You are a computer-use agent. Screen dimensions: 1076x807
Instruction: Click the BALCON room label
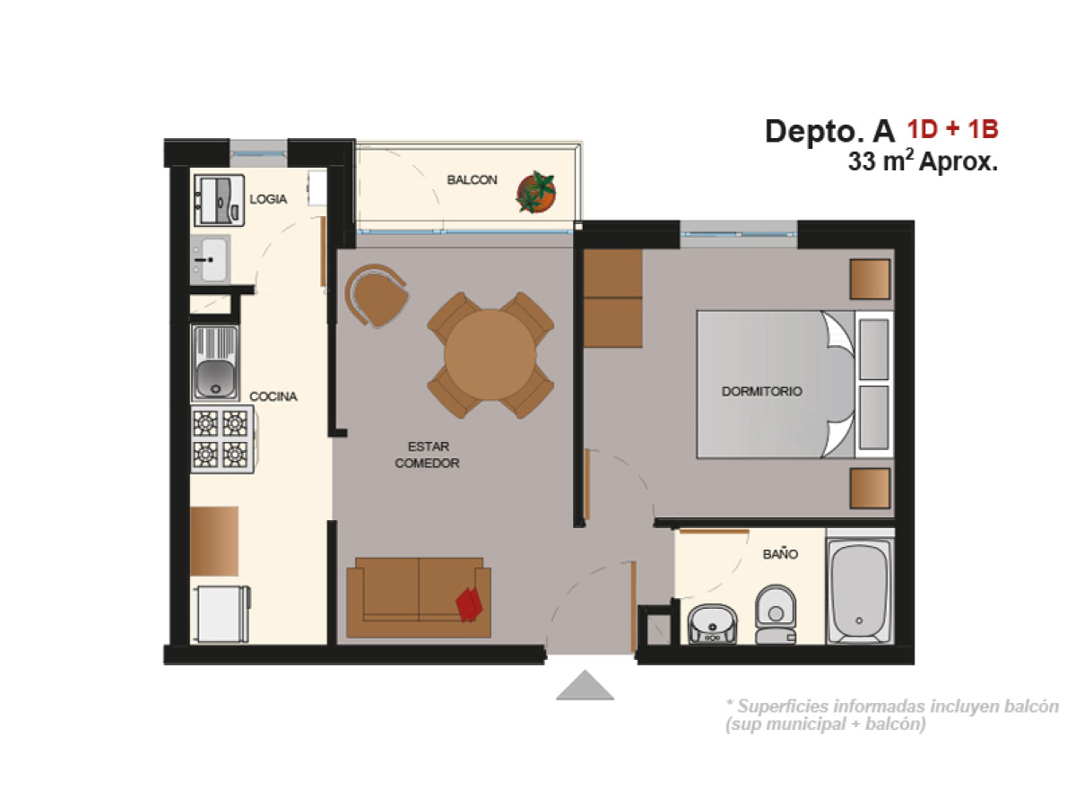click(472, 180)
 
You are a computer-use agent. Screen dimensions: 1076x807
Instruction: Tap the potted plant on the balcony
click(536, 192)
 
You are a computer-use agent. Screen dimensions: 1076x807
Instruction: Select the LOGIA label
click(268, 199)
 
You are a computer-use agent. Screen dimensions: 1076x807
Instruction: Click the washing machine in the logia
click(219, 200)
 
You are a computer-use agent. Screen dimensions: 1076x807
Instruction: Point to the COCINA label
click(273, 396)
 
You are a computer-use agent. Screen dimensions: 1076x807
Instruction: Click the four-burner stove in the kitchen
click(222, 439)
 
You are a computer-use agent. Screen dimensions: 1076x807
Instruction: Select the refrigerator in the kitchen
click(221, 614)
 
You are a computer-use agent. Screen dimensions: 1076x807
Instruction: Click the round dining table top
click(490, 355)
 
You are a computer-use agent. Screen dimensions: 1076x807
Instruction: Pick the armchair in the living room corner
click(377, 296)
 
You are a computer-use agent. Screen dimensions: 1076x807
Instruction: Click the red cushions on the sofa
click(469, 604)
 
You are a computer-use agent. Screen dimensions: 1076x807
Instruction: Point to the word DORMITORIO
click(762, 391)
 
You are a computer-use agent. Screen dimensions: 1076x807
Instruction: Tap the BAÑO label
click(780, 554)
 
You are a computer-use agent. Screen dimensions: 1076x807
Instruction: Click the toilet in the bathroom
click(776, 614)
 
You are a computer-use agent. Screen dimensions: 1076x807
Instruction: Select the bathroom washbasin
click(712, 624)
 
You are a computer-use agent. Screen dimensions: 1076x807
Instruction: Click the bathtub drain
click(859, 620)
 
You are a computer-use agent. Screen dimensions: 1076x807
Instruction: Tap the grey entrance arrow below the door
click(585, 685)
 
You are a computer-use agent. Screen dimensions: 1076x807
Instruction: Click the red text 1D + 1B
click(952, 129)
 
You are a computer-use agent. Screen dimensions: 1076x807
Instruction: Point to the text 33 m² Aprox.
click(923, 161)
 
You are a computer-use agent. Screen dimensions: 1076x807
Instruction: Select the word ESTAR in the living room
click(429, 447)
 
